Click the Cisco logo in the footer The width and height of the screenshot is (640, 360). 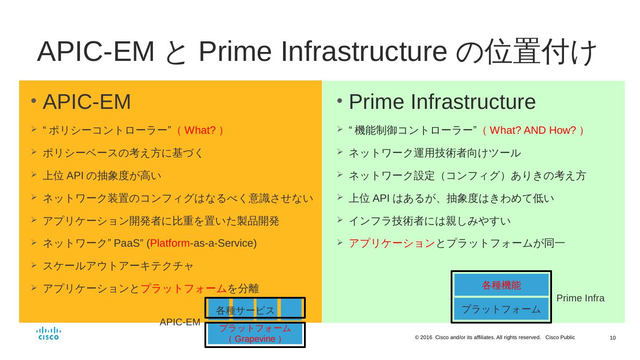(48, 333)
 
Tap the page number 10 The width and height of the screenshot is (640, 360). (612, 338)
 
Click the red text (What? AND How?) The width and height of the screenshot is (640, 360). (533, 131)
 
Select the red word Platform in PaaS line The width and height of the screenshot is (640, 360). (170, 244)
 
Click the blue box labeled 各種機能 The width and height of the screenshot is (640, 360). (501, 285)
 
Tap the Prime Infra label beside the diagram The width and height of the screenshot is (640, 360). (580, 298)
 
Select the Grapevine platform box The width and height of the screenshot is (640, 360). (255, 334)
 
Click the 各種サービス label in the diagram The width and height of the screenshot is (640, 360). (245, 310)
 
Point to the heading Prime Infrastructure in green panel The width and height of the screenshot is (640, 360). (442, 102)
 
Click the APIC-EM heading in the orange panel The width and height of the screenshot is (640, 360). (86, 102)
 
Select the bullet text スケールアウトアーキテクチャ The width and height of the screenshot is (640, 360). (118, 266)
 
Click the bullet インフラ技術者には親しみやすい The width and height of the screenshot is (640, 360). (429, 221)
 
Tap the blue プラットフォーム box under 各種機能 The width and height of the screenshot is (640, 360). (501, 309)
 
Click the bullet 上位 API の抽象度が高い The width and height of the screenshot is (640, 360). (102, 176)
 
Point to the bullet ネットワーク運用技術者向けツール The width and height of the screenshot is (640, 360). (434, 153)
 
